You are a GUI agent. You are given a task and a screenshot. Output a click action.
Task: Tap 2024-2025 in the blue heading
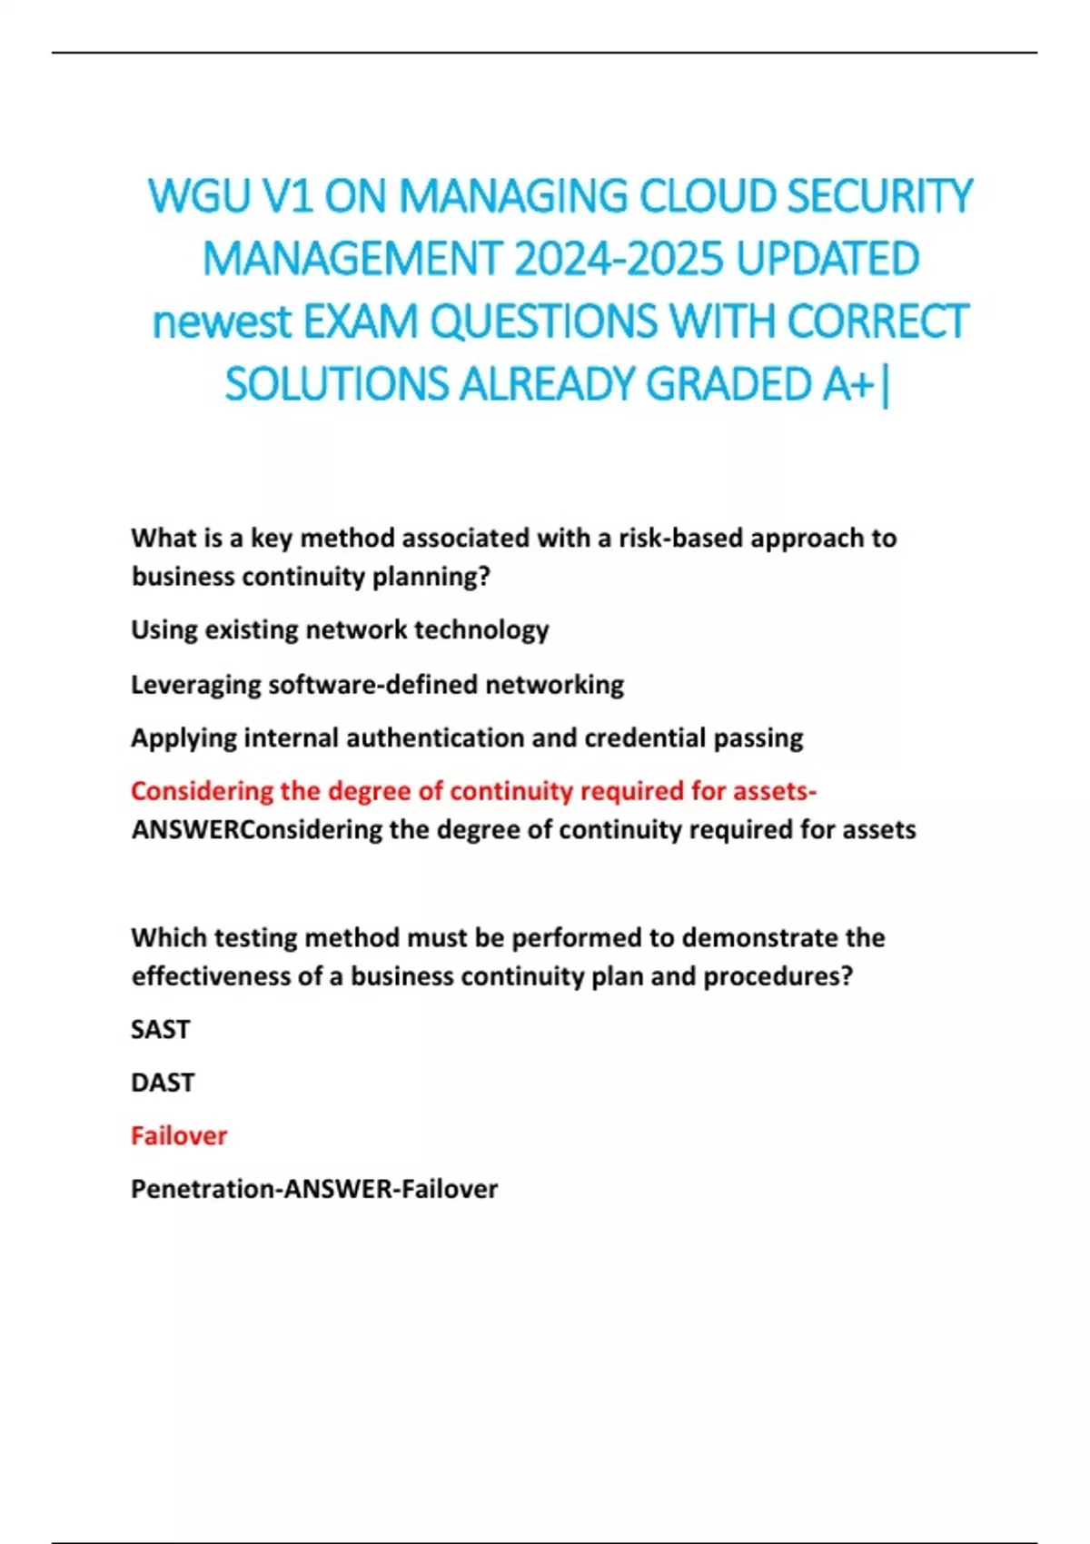[619, 259]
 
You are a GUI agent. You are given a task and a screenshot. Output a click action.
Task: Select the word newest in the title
[222, 322]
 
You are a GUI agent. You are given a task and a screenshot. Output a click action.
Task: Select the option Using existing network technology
[340, 630]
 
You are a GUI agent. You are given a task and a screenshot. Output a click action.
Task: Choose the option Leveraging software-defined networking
[377, 685]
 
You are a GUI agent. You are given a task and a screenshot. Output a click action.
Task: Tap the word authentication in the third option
[435, 738]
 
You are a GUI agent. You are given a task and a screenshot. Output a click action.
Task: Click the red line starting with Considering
[473, 792]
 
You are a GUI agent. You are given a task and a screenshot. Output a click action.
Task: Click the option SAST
[161, 1030]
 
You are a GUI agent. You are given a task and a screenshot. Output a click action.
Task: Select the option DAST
[163, 1083]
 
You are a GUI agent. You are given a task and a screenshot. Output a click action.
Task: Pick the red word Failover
[179, 1136]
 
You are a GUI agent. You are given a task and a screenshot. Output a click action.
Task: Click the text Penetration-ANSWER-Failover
[314, 1190]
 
